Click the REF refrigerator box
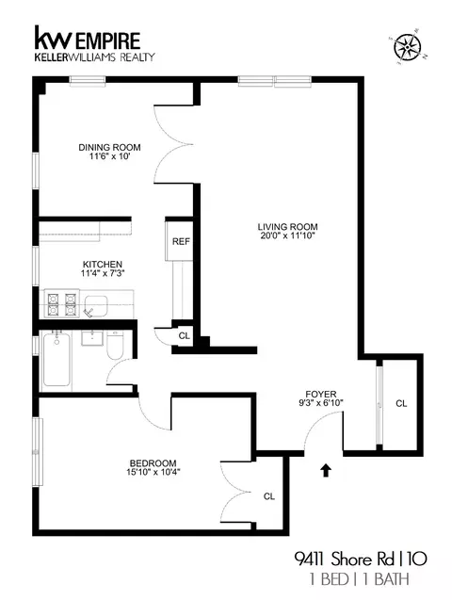(x=181, y=241)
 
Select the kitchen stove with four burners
(x=59, y=303)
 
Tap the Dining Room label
(x=104, y=147)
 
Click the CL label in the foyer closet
(x=400, y=403)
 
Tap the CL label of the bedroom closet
(x=268, y=495)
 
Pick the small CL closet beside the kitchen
(x=184, y=335)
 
